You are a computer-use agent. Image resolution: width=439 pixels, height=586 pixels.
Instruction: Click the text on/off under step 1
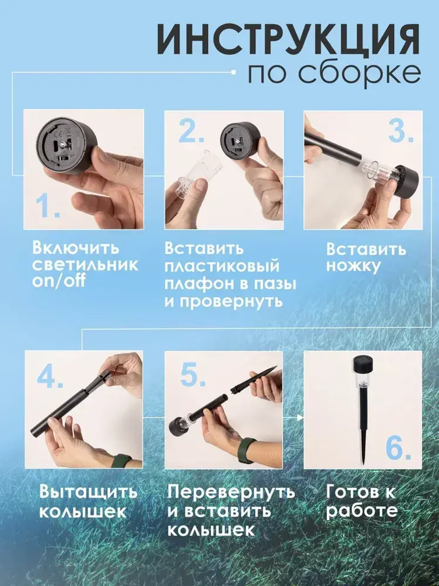tap(58, 281)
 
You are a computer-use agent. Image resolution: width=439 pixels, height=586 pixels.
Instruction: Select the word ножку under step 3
tap(353, 266)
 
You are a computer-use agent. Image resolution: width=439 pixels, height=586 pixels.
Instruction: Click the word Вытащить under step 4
tap(88, 492)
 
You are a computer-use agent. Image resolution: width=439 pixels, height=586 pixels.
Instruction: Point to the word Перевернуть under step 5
tap(231, 492)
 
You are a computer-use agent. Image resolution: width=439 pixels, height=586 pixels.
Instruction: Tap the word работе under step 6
tap(362, 511)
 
